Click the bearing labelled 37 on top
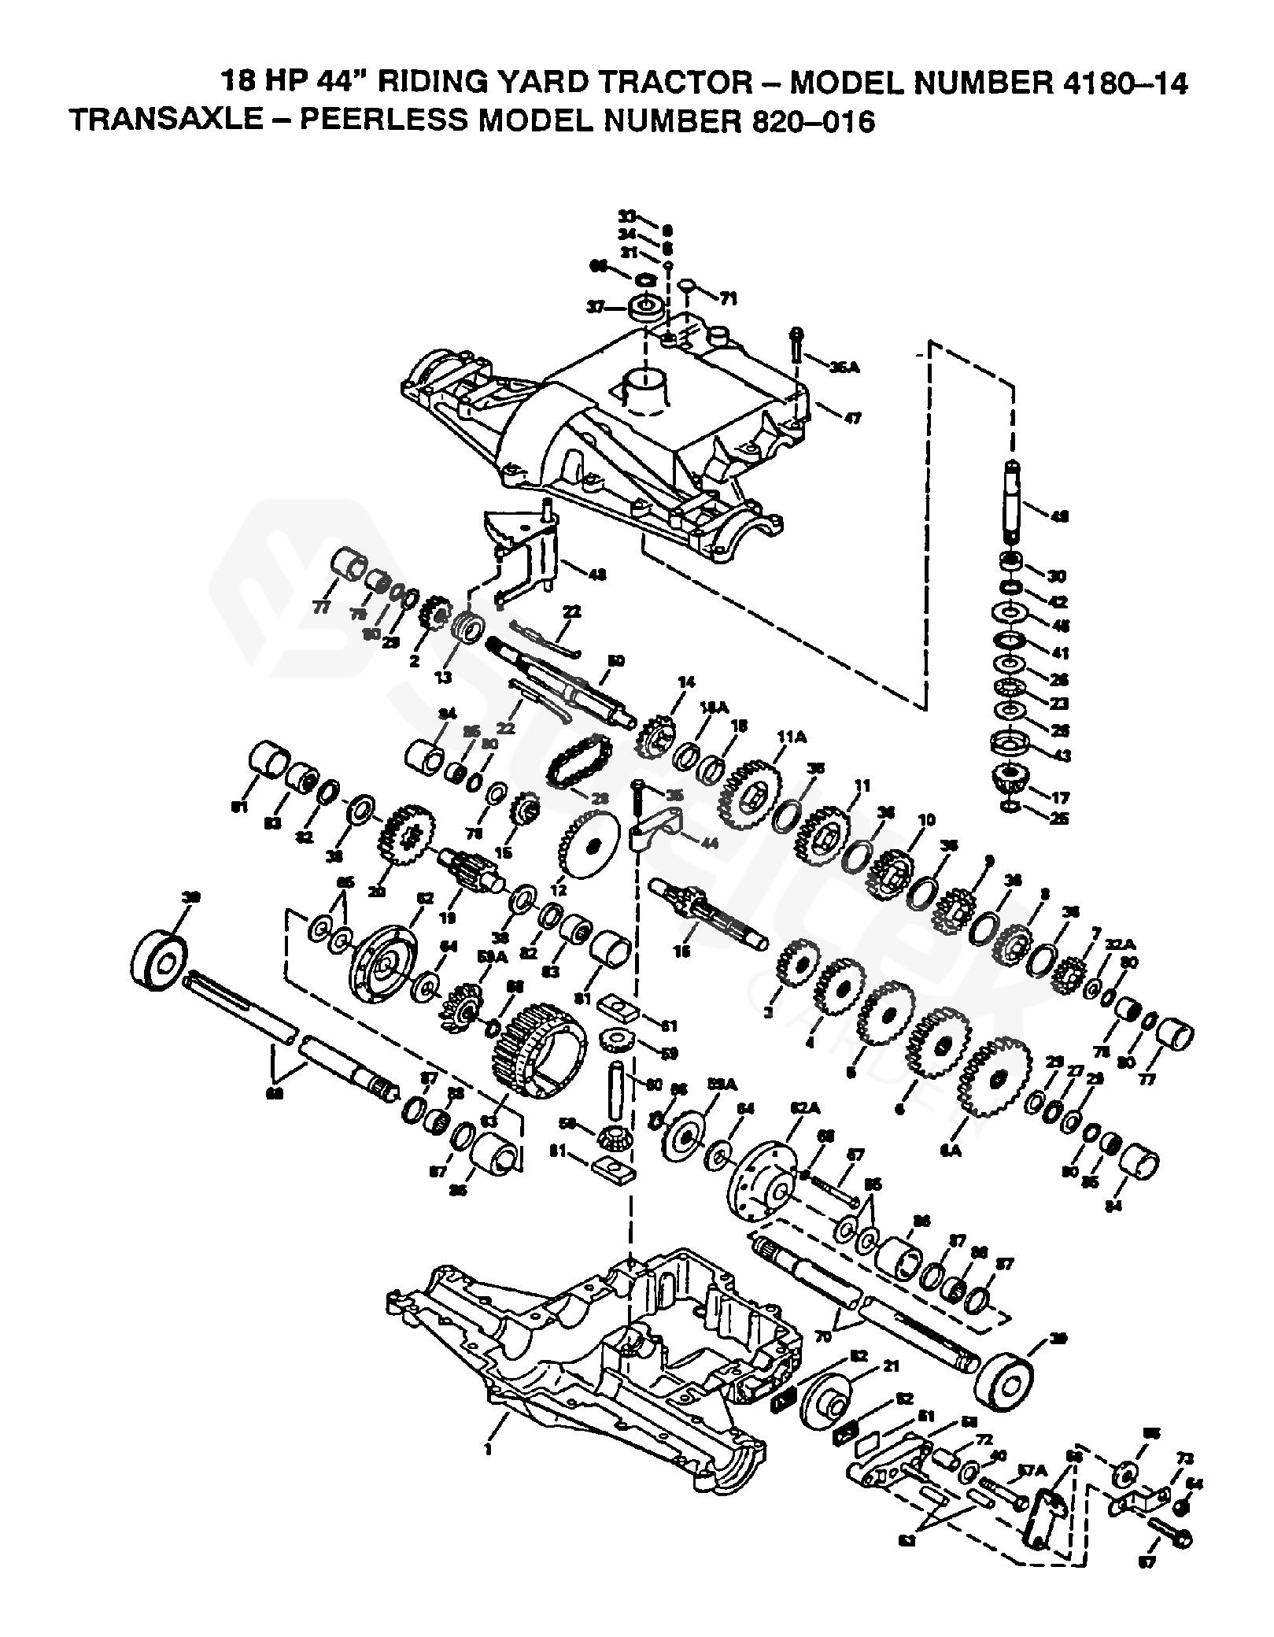tap(644, 306)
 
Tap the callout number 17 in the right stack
tap(1058, 793)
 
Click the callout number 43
tap(1059, 754)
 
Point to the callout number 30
tap(1058, 575)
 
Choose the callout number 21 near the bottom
tap(890, 1368)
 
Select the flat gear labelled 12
tap(589, 847)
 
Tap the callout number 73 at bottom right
tap(1184, 1459)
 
